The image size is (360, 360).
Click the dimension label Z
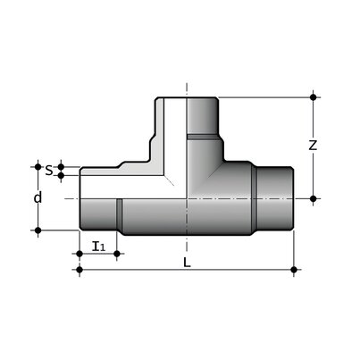click(313, 146)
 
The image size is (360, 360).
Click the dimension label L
click(187, 263)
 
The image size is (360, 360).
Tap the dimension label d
click(38, 197)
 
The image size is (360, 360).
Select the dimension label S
click(49, 171)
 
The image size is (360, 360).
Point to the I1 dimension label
click(99, 247)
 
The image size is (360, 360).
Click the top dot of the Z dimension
click(313, 97)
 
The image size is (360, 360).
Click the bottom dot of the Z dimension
click(313, 198)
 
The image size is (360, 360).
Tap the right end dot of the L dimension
click(294, 270)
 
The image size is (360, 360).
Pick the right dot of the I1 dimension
click(117, 254)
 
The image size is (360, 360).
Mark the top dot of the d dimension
click(38, 166)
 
